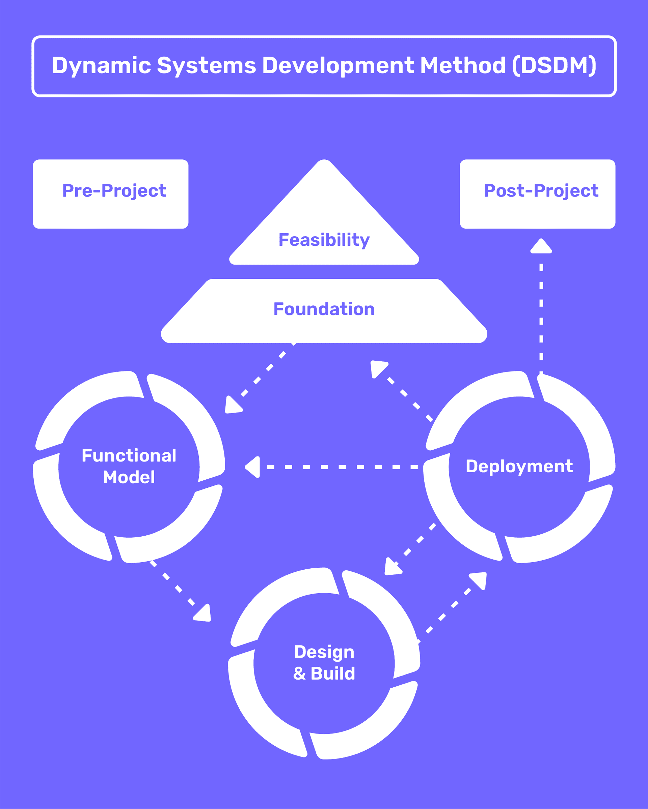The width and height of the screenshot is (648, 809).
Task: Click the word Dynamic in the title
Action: tap(102, 66)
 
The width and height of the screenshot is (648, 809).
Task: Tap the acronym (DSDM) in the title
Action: tap(554, 66)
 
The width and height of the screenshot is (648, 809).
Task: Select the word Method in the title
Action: tap(463, 66)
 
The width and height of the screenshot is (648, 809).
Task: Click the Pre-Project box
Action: tap(110, 194)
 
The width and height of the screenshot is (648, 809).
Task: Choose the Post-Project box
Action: tap(538, 194)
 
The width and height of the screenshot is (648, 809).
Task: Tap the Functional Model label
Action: tap(129, 467)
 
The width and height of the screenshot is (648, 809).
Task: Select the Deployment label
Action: tap(519, 467)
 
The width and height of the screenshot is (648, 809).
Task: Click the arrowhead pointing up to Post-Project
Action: tap(541, 246)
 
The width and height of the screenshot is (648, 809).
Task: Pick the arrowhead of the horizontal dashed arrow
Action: tap(253, 467)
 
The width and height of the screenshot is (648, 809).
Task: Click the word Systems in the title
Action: tap(206, 66)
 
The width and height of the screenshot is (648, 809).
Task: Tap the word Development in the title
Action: tap(338, 66)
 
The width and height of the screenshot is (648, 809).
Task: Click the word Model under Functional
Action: tap(129, 477)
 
